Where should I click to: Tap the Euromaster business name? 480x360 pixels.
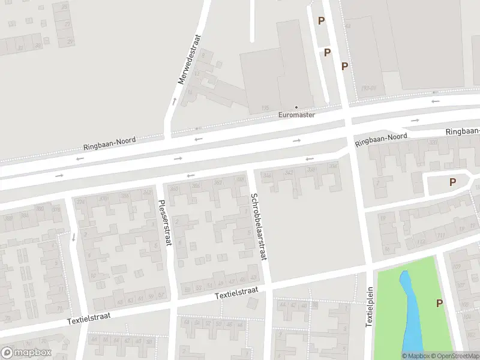(296, 114)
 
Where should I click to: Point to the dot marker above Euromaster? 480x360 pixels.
(296, 107)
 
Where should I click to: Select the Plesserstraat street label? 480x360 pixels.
(161, 223)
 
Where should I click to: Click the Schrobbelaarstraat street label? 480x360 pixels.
(259, 226)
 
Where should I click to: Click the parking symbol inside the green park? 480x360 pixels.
(440, 304)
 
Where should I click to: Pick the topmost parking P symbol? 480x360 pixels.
(321, 21)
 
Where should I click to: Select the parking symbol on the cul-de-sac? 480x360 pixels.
(452, 182)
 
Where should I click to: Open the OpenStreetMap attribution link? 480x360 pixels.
(456, 356)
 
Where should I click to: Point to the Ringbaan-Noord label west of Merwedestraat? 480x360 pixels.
(109, 143)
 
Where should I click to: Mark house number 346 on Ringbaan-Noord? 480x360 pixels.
(268, 175)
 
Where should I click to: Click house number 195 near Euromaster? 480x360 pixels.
(265, 107)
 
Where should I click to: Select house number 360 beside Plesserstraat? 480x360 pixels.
(174, 188)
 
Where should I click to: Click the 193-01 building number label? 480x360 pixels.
(368, 88)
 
